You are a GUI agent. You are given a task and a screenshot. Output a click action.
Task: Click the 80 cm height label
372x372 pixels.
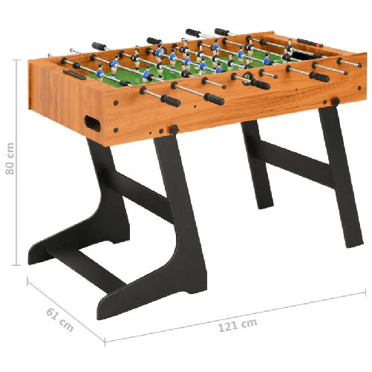[10, 159]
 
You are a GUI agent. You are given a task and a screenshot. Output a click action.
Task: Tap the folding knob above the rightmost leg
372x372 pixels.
[336, 101]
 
